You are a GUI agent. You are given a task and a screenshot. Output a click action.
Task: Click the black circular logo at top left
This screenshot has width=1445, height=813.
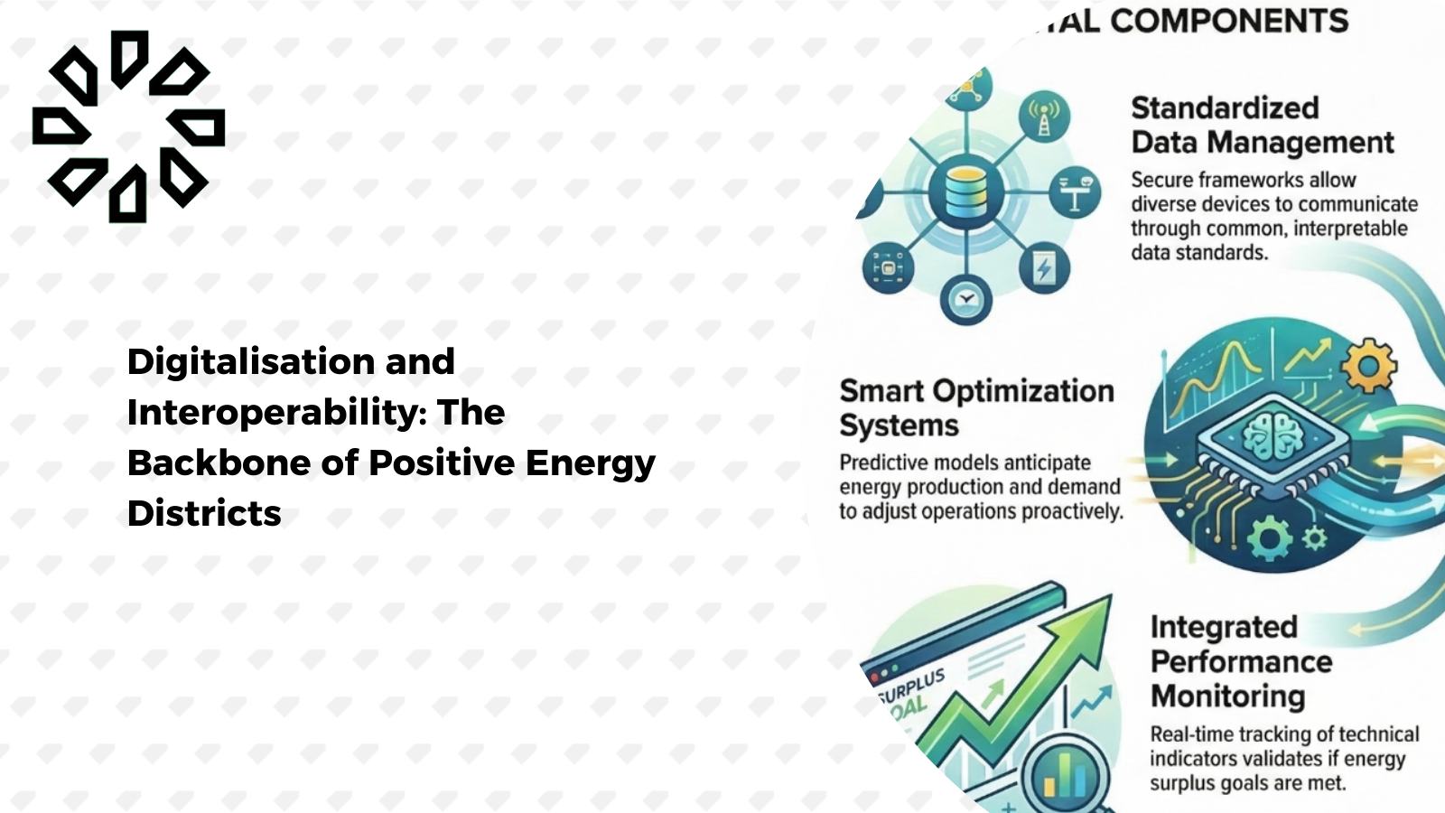[x=128, y=126]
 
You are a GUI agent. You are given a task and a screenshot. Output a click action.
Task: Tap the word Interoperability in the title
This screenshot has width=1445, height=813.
[x=276, y=413]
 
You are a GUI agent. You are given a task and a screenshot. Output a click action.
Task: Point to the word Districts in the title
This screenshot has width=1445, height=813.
[x=204, y=514]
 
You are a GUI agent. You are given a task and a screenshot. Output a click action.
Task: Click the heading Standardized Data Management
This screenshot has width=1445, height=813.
[x=1262, y=125]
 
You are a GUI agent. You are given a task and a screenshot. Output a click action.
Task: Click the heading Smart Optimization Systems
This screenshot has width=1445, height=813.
[x=975, y=407]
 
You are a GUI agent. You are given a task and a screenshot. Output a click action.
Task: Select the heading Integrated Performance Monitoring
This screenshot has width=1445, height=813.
[x=1240, y=661]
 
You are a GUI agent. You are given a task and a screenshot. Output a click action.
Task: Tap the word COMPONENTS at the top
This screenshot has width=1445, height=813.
[x=1228, y=21]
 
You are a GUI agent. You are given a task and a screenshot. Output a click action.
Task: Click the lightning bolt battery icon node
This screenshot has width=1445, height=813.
[x=1044, y=268]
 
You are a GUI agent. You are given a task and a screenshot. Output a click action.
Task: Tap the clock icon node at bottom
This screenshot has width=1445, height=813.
[x=965, y=300]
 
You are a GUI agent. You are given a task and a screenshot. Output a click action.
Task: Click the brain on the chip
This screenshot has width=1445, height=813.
[x=1273, y=435]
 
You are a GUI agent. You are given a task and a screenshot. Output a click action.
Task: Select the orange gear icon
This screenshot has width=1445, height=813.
[x=1368, y=366]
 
